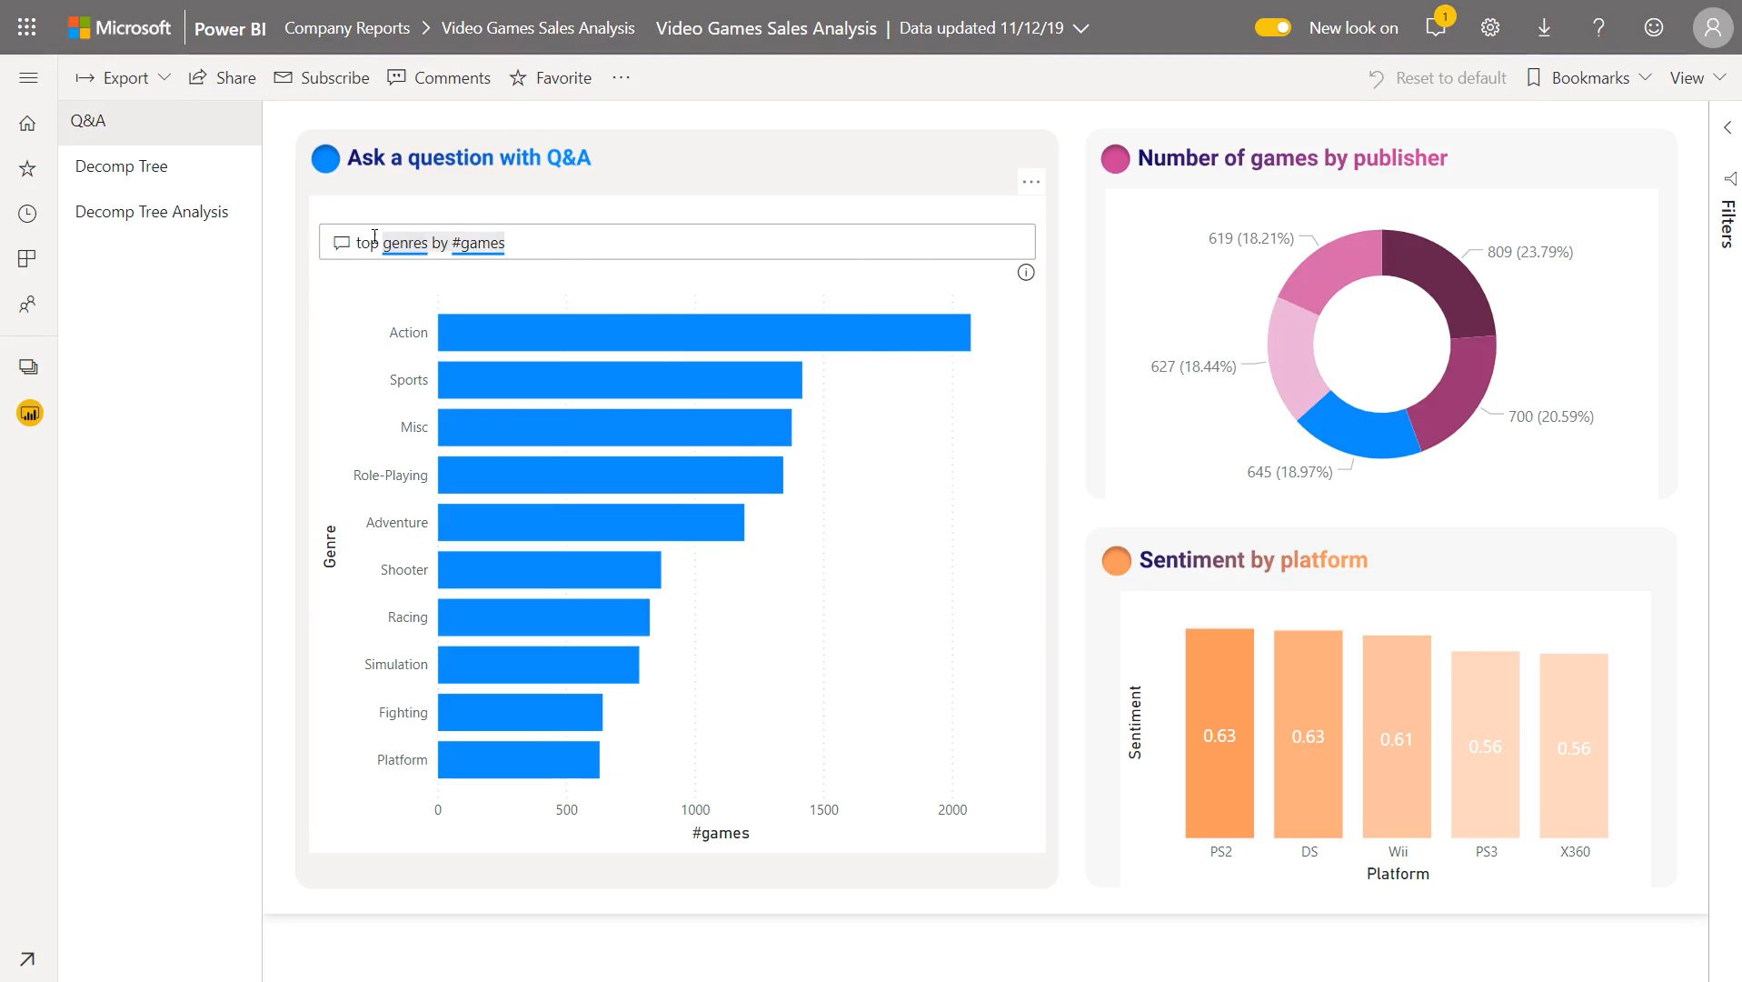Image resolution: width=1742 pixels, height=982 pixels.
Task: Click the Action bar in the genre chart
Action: coord(703,332)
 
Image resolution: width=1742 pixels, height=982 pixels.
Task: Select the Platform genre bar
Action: coord(518,759)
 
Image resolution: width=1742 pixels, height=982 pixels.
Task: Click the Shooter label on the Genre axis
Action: coord(403,570)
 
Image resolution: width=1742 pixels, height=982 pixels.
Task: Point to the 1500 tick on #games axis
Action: coord(823,809)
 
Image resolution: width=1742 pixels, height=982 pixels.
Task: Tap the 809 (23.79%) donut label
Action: coord(1529,252)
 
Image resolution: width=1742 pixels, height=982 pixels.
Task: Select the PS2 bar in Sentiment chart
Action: coord(1219,732)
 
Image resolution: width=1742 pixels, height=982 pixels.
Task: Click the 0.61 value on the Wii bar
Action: coord(1396,739)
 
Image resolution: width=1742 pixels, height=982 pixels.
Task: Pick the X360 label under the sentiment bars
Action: coord(1574,852)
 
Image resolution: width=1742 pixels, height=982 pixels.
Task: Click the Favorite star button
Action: coord(551,78)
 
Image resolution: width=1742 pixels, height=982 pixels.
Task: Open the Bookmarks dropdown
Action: coord(1589,78)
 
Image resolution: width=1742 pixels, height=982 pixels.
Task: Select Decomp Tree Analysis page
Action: coord(152,212)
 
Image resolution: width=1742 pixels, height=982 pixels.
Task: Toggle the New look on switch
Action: coord(1272,27)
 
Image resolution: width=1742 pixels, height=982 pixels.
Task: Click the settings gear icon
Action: coord(1489,27)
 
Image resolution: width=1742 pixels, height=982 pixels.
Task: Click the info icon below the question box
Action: coord(1025,273)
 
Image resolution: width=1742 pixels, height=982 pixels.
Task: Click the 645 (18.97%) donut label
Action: coord(1289,472)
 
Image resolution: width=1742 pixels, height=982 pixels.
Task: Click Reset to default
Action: coord(1438,78)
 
